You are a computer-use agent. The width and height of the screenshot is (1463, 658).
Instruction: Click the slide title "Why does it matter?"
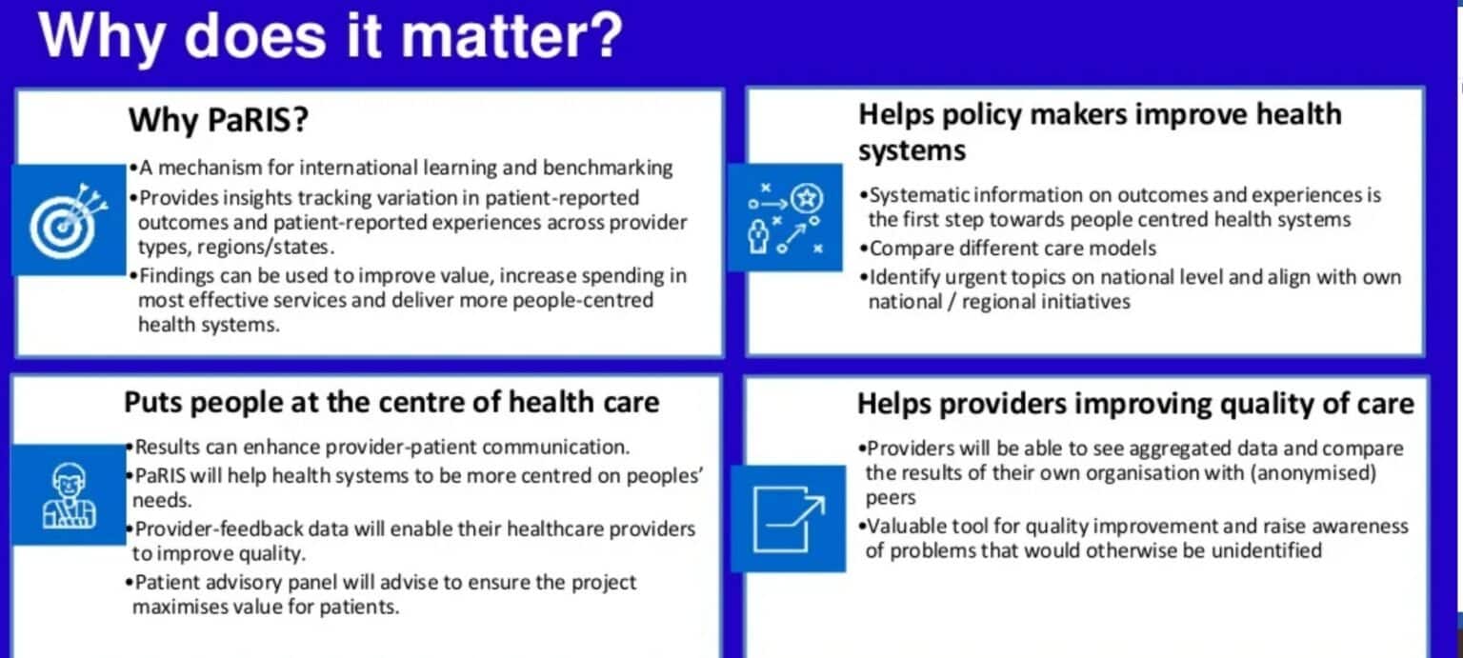[x=331, y=36]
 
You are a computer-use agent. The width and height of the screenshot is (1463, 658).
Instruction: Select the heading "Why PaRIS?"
[x=218, y=120]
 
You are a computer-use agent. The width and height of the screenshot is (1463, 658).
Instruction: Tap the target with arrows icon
[x=68, y=221]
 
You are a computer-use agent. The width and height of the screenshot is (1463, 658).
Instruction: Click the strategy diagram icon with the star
[x=785, y=217]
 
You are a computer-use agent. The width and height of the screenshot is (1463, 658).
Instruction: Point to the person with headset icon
[x=69, y=495]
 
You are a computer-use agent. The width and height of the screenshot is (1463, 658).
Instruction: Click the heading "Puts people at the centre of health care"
[x=391, y=402]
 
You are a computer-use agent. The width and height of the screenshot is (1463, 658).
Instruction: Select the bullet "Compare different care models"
[x=1009, y=249]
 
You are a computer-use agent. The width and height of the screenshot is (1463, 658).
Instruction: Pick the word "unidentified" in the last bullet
[x=1267, y=551]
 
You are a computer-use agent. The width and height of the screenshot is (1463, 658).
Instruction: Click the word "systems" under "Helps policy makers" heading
[x=912, y=151]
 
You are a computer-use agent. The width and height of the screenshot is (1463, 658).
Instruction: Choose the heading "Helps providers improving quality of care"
[x=1135, y=404]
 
